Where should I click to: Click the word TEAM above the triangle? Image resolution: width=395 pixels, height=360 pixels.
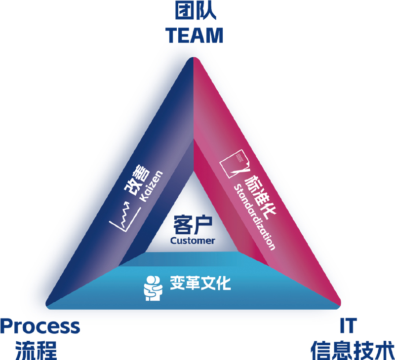(x=194, y=35)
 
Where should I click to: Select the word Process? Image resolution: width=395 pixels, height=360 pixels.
(x=40, y=326)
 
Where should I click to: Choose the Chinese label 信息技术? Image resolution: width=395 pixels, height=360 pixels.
(x=352, y=349)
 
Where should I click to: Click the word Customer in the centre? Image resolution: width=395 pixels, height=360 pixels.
(x=193, y=241)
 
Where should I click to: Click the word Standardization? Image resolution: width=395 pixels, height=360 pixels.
(x=253, y=217)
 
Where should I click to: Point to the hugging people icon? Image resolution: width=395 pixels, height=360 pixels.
(x=152, y=288)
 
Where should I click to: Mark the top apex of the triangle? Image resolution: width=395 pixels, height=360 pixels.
(x=193, y=59)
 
